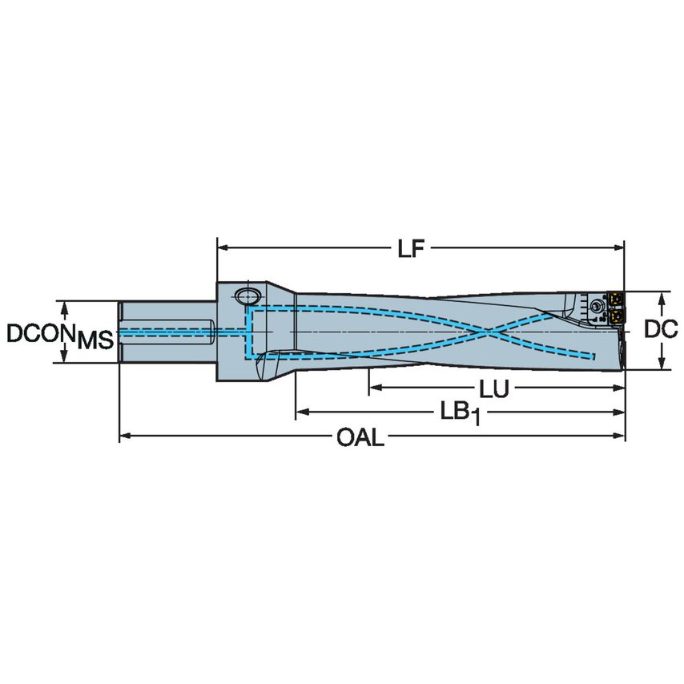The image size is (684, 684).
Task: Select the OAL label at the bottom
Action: point(360,438)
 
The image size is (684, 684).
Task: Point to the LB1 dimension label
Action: point(459,414)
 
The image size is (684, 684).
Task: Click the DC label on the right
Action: point(662,329)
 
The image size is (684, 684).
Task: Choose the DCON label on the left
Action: point(39,332)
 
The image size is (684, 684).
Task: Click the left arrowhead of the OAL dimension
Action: point(125,437)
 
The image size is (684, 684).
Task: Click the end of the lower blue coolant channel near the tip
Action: point(593,356)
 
